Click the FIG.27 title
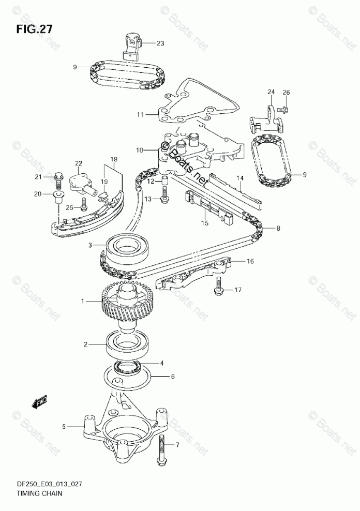click(34, 29)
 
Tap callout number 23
click(160, 43)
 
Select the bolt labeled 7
click(163, 447)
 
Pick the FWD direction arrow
click(39, 401)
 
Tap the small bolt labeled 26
click(282, 109)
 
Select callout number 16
click(250, 262)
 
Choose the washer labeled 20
click(58, 195)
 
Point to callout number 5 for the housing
click(64, 427)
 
